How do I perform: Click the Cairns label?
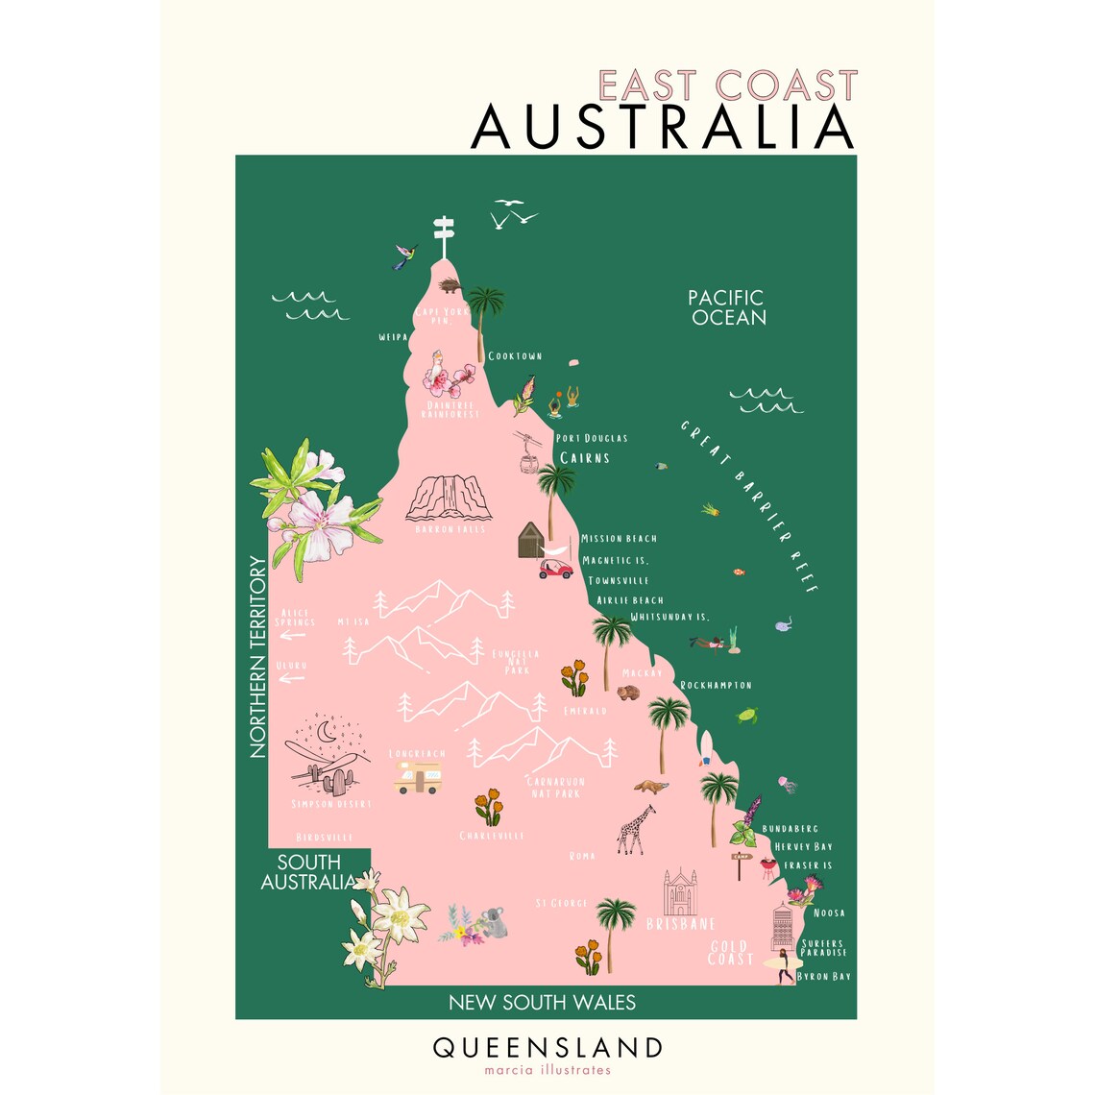coord(584,458)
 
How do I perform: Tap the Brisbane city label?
coord(681,924)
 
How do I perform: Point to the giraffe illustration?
coord(633,828)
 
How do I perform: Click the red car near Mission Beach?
coord(555,568)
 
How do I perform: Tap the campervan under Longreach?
coord(418,777)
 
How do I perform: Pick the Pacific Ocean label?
coord(727,307)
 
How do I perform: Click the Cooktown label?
coord(515,356)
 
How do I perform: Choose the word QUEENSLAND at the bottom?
coord(547,1047)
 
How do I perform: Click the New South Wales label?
coord(542,1003)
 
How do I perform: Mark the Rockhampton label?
coord(716,686)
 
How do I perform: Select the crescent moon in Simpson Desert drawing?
coord(328,732)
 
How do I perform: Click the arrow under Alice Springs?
coord(292,634)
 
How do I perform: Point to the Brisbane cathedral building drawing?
coord(679,893)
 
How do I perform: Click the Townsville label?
coord(619,581)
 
